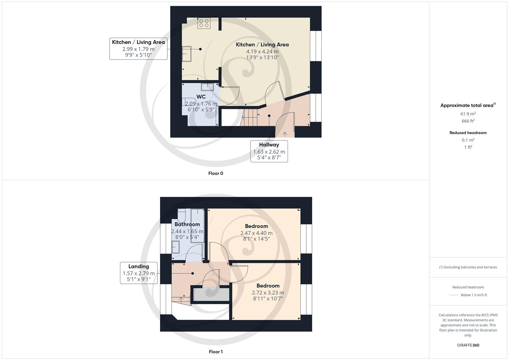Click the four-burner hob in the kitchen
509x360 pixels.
pyautogui.click(x=204, y=23)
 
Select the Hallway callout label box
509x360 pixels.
pyautogui.click(x=269, y=151)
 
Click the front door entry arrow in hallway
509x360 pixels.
pyautogui.click(x=285, y=134)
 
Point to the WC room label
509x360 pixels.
pyautogui.click(x=201, y=97)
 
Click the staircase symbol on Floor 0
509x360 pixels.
pyautogui.click(x=250, y=118)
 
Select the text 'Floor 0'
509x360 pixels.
pyautogui.click(x=216, y=173)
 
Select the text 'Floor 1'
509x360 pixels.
pyautogui.click(x=216, y=352)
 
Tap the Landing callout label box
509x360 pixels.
pyautogui.click(x=139, y=273)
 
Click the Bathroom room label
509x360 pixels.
pyautogui.click(x=187, y=224)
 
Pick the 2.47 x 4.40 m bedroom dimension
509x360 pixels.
pyautogui.click(x=256, y=233)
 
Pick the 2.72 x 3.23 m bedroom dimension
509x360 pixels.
pyautogui.click(x=268, y=293)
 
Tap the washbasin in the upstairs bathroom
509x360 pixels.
pyautogui.click(x=175, y=247)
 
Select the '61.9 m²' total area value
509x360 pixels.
pyautogui.click(x=468, y=114)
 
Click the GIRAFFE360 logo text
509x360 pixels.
pyautogui.click(x=468, y=345)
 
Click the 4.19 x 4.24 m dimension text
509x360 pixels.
pyautogui.click(x=262, y=51)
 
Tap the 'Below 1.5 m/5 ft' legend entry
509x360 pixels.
pyautogui.click(x=474, y=295)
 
